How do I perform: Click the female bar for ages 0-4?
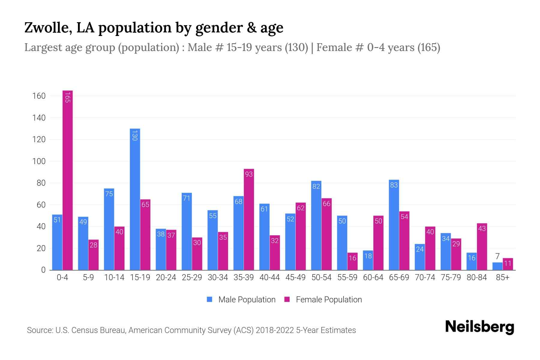pyautogui.click(x=67, y=180)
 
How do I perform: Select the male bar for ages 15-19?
pyautogui.click(x=135, y=199)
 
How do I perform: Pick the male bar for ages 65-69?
pyautogui.click(x=394, y=225)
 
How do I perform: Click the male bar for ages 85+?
pyautogui.click(x=497, y=266)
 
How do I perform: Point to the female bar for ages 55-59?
pyautogui.click(x=352, y=261)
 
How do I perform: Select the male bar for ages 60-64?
pyautogui.click(x=368, y=260)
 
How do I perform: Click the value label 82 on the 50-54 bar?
pyautogui.click(x=316, y=186)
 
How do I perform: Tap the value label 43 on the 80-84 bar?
pyautogui.click(x=482, y=229)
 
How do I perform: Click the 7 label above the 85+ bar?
pyautogui.click(x=497, y=256)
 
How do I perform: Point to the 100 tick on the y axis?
pyautogui.click(x=39, y=161)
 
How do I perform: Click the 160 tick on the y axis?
pyautogui.click(x=39, y=96)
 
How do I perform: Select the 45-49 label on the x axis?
pyautogui.click(x=295, y=277)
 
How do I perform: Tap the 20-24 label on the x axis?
pyautogui.click(x=166, y=277)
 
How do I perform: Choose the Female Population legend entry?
pyautogui.click(x=323, y=300)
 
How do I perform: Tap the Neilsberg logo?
pyautogui.click(x=480, y=327)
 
